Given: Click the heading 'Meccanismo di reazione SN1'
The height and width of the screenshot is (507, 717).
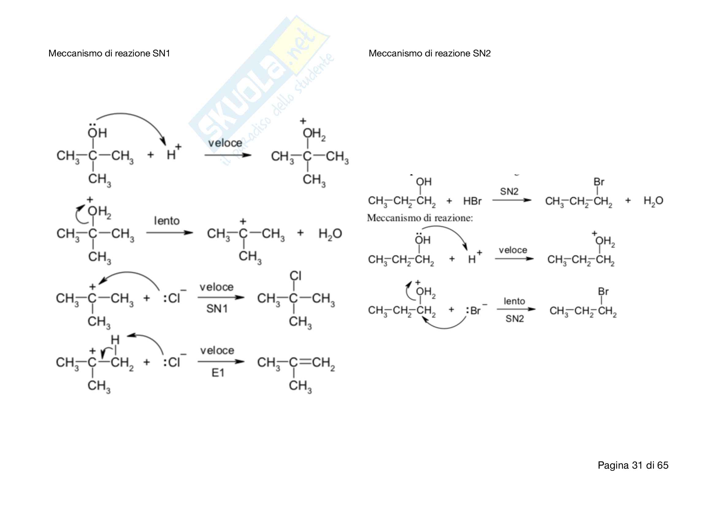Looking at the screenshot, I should [x=109, y=53].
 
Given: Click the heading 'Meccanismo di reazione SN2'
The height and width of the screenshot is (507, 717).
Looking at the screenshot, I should [x=429, y=53].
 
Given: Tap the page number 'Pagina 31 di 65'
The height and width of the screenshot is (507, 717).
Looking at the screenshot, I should [x=633, y=465].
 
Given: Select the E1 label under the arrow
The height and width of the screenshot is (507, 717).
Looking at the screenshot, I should [x=218, y=373].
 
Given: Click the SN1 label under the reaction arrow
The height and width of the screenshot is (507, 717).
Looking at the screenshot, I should [x=217, y=309].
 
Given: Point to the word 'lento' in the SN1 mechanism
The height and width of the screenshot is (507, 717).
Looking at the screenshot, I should [x=167, y=221].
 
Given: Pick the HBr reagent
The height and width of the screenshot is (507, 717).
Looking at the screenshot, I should [x=472, y=201].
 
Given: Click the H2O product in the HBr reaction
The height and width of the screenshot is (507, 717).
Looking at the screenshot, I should [x=653, y=201].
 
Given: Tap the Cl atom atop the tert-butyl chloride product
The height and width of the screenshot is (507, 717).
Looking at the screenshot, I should [x=295, y=276].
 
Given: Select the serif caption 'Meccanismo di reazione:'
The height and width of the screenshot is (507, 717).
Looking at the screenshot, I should [x=420, y=218].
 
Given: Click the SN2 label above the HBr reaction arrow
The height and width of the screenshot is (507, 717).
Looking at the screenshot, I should [x=509, y=191].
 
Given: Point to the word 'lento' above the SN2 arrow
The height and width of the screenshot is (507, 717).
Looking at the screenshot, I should [x=514, y=301].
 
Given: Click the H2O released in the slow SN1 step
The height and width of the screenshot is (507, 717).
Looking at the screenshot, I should [x=330, y=234].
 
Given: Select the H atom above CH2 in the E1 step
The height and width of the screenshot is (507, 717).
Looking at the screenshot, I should [x=115, y=340].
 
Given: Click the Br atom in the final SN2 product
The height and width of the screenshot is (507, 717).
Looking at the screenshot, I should [x=603, y=291].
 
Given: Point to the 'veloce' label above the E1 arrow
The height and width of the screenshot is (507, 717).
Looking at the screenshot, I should [x=217, y=351].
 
